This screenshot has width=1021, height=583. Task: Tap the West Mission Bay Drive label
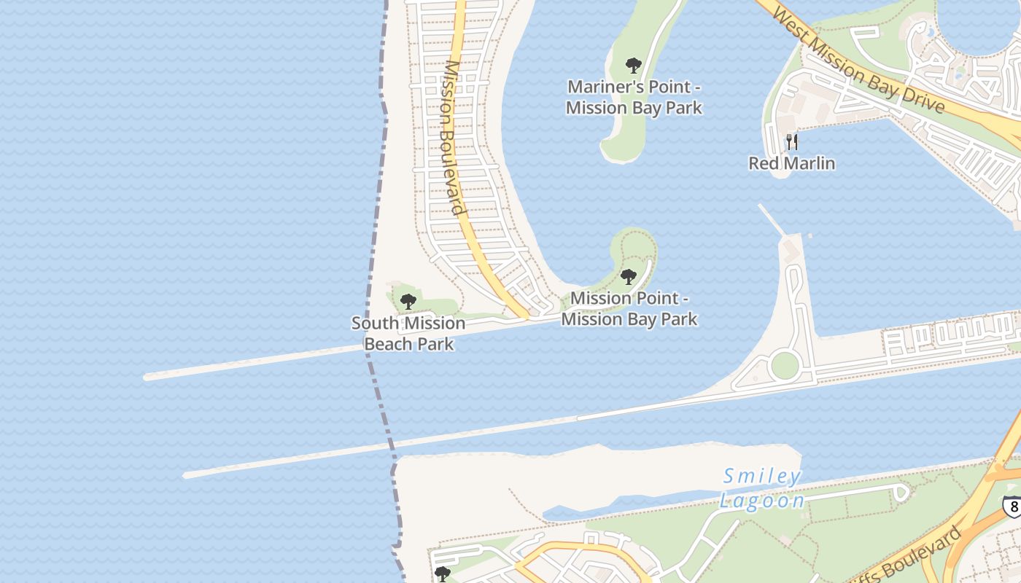858,60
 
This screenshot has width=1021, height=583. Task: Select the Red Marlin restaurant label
791,163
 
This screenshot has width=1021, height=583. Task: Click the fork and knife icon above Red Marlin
792,141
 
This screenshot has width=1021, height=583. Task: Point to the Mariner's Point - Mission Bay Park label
634,97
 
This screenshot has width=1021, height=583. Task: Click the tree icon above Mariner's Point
633,66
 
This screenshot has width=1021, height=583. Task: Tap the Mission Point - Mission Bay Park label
629,308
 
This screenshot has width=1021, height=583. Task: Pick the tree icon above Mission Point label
628,277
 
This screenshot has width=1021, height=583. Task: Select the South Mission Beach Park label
408,333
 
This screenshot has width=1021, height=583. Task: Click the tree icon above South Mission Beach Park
408,301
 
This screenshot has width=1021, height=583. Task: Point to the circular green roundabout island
784,365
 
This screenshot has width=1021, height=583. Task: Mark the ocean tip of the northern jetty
147,377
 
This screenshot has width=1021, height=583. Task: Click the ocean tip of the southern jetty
187,475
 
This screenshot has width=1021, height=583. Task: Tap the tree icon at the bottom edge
442,574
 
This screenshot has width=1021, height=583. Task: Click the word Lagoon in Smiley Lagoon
762,501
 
